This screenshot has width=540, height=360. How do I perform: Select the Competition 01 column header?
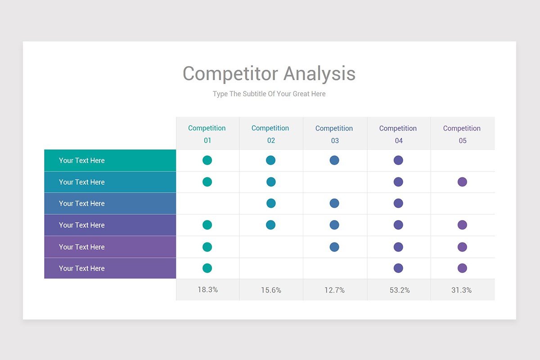click(x=207, y=134)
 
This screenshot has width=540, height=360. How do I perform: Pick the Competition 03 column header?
click(x=334, y=134)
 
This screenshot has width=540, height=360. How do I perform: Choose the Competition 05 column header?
click(x=462, y=134)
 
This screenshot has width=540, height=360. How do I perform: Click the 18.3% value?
click(x=207, y=290)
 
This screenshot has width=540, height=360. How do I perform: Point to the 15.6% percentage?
click(x=271, y=290)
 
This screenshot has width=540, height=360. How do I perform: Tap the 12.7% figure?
click(x=334, y=290)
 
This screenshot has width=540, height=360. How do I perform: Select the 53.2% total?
click(x=400, y=290)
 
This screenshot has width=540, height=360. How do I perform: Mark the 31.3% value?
click(x=462, y=290)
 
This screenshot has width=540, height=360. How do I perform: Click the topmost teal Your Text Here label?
click(x=81, y=161)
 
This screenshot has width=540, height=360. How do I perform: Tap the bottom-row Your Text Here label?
click(x=81, y=268)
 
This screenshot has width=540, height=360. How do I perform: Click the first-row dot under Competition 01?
click(x=207, y=160)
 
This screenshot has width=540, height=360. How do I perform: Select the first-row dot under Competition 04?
click(x=398, y=160)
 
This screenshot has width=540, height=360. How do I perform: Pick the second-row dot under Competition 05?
click(x=462, y=182)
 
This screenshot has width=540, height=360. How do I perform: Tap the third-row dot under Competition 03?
click(x=334, y=203)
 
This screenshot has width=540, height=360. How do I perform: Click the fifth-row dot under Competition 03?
click(x=334, y=247)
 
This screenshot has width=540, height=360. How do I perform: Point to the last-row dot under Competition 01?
click(x=207, y=268)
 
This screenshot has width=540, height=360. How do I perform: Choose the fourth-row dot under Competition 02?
click(x=270, y=225)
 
